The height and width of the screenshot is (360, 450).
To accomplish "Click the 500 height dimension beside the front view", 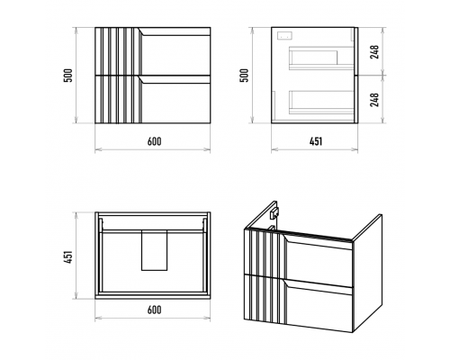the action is tap(69, 76).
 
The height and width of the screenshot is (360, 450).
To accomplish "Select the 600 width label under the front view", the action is tap(154, 141).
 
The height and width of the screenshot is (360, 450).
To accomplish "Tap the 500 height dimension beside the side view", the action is tap(245, 76).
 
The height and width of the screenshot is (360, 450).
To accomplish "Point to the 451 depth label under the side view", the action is tap(316, 141).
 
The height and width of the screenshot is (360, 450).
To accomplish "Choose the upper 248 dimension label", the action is tap(374, 52).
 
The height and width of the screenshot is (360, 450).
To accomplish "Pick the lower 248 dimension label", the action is tap(374, 100).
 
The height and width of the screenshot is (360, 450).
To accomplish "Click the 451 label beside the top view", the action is tap(69, 257).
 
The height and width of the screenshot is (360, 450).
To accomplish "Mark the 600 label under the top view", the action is tap(154, 310).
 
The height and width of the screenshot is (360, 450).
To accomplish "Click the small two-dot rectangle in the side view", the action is tap(283, 35).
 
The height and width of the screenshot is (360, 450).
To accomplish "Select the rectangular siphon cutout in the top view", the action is tap(154, 250).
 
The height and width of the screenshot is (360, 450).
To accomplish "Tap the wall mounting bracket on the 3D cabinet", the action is tap(274, 213).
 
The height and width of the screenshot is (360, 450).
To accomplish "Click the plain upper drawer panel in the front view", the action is tap(175, 50).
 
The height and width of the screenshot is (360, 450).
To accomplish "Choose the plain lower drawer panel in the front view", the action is tap(175, 99).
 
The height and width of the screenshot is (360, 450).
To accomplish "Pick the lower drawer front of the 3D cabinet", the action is tap(318, 304).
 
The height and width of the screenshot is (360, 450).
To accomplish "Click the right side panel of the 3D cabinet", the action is tap(368, 274).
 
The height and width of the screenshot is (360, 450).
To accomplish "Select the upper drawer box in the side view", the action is tap(321, 58).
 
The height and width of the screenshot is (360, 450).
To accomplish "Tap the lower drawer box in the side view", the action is tap(321, 102).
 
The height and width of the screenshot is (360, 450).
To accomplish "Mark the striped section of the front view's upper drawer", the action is tap(118, 50).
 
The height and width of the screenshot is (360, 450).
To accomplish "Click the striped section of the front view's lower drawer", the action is tap(118, 99).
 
